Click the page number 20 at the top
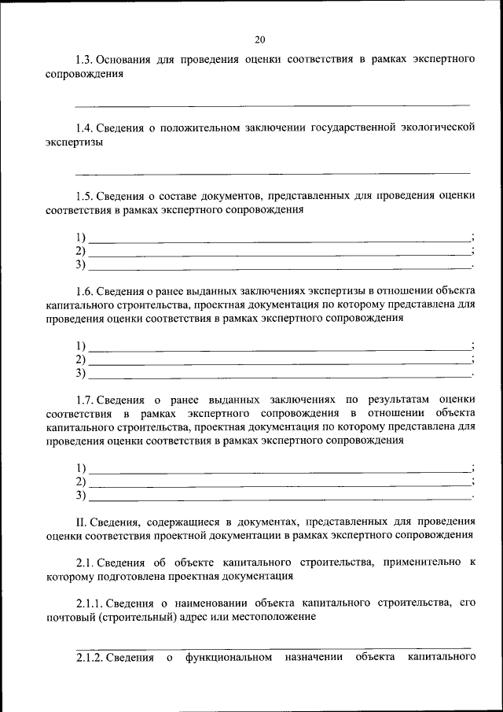pyautogui.click(x=260, y=39)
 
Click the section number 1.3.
pyautogui.click(x=85, y=60)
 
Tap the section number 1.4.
pyautogui.click(x=85, y=127)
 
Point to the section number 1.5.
pyautogui.click(x=85, y=195)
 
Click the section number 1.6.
pyautogui.click(x=85, y=289)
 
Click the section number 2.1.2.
pyautogui.click(x=90, y=657)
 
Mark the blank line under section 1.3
pyautogui.click(x=273, y=105)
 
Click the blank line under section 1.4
pyautogui.click(x=273, y=172)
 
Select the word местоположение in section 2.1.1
pyautogui.click(x=273, y=617)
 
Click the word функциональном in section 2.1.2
pyautogui.click(x=229, y=657)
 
